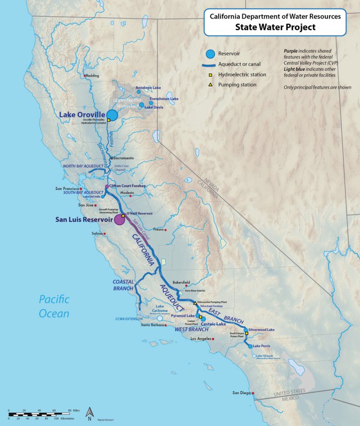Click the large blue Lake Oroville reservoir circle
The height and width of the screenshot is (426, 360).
point(112,115)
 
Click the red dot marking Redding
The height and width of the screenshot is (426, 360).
point(84,76)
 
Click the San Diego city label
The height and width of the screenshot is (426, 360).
point(242,393)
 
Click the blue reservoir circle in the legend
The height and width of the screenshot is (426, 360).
point(212,54)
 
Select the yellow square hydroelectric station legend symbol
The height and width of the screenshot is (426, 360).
point(212,75)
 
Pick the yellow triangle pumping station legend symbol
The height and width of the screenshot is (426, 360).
point(212,85)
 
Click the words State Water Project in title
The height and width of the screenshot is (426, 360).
point(275,27)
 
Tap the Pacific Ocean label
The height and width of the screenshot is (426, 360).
point(54,306)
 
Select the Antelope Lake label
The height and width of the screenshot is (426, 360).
point(148,88)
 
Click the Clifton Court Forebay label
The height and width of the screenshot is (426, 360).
point(128,186)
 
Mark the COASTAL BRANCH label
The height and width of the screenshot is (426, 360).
point(123,285)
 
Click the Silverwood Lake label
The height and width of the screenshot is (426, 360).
point(261,330)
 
